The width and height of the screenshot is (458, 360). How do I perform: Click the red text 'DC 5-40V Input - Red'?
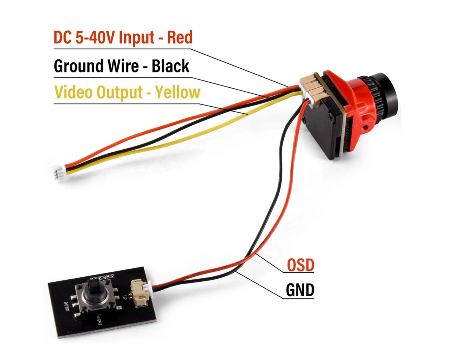123,37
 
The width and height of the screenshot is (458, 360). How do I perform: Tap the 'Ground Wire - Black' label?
121,66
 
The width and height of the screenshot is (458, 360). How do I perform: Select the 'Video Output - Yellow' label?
127,92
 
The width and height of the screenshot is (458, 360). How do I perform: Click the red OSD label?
300,265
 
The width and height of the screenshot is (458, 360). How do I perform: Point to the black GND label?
300,290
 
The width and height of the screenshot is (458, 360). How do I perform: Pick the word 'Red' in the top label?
180,37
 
